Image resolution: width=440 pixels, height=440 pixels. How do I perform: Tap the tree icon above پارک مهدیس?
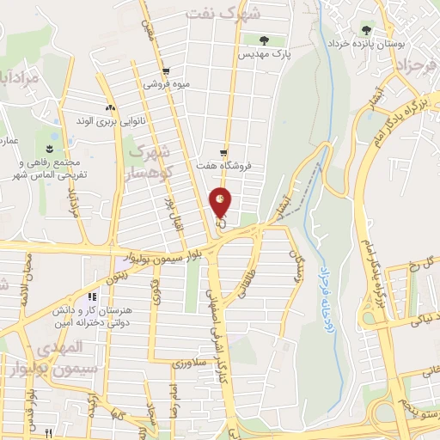264,40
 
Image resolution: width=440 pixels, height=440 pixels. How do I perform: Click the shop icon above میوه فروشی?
165,71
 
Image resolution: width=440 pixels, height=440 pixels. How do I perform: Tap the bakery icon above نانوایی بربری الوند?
109,107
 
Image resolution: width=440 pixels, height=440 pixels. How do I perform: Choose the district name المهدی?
63,347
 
